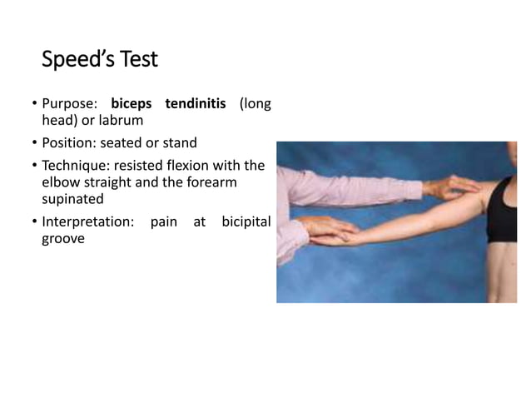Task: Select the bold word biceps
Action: click(x=132, y=105)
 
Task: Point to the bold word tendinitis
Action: click(x=196, y=105)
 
